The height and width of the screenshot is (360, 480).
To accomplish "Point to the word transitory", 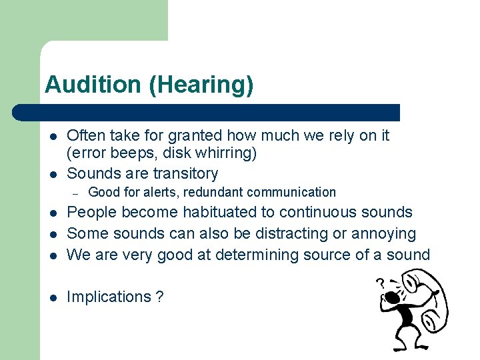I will tap(185, 173).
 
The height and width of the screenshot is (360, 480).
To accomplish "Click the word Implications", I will tap(109, 297).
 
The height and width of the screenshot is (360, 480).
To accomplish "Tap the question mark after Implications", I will tap(159, 297).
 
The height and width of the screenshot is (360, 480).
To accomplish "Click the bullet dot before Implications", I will tap(53, 297).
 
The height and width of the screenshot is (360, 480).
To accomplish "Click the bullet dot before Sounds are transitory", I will tap(53, 174).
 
